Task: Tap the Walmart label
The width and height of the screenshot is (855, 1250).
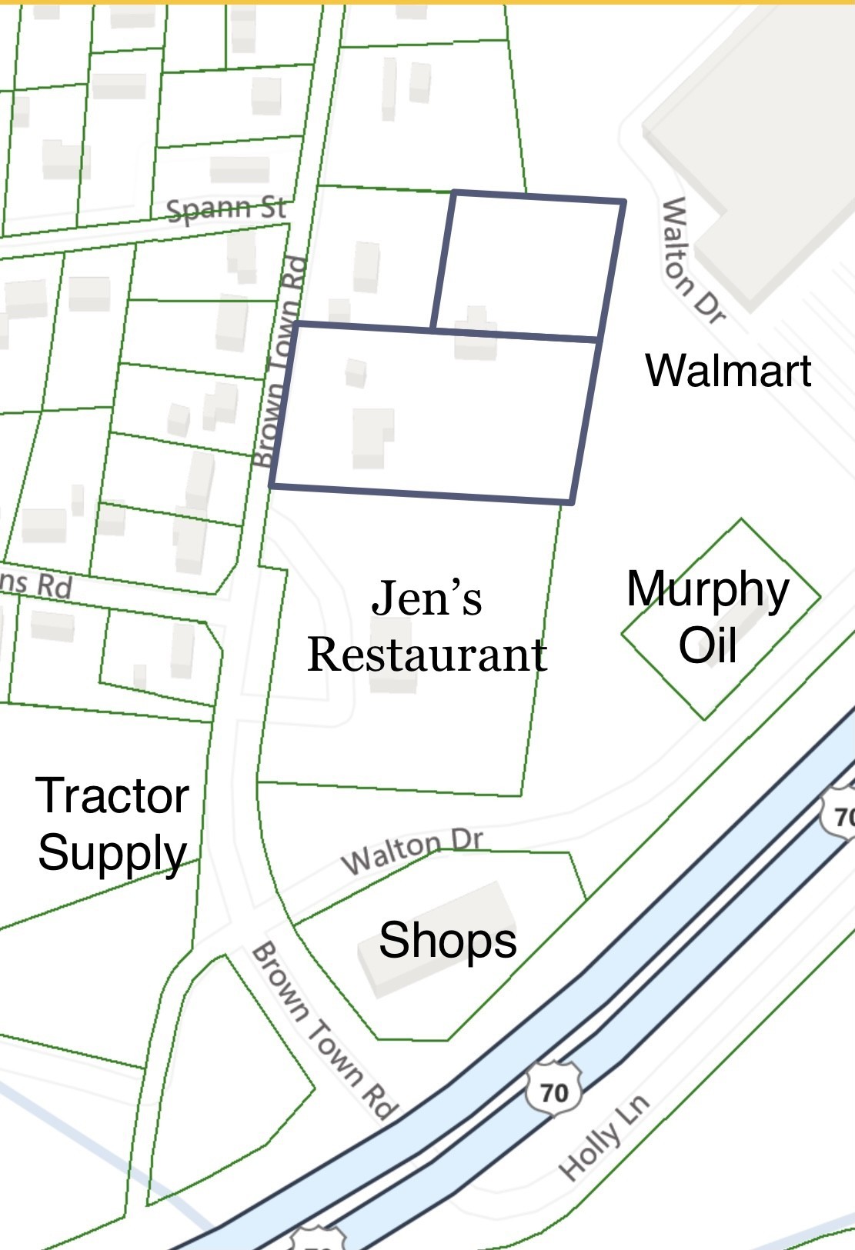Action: [x=728, y=370]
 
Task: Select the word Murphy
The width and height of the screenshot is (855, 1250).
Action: [x=708, y=591]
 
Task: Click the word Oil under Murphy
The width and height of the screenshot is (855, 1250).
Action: [x=707, y=645]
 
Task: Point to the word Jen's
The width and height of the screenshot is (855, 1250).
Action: [x=426, y=598]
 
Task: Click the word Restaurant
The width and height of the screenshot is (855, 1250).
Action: [x=427, y=655]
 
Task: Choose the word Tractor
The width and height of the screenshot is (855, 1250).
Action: [x=112, y=795]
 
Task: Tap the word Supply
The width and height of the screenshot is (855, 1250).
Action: [x=112, y=853]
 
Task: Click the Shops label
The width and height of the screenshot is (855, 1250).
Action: [x=447, y=940]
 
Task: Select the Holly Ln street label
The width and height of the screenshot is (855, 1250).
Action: [x=605, y=1137]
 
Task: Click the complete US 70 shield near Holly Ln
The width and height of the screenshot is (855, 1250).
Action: [x=553, y=1089]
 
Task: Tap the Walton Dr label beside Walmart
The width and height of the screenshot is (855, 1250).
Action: [x=692, y=260]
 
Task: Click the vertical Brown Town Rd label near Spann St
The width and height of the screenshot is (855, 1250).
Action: [x=279, y=362]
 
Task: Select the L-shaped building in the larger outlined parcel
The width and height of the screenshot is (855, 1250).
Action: [x=372, y=437]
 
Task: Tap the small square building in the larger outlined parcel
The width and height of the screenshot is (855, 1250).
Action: [x=356, y=372]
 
